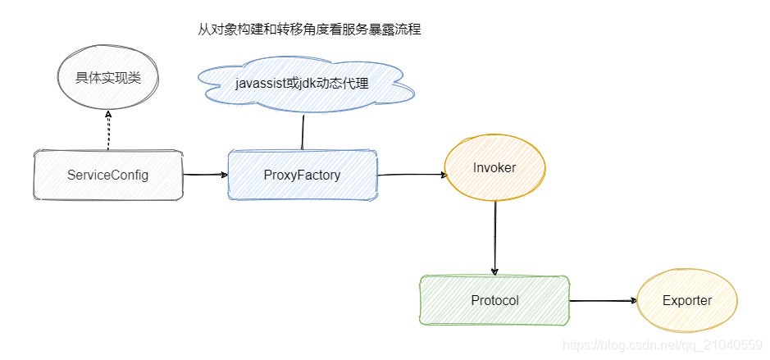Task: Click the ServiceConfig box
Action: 107,175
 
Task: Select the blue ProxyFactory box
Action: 302,175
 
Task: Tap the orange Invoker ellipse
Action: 494,168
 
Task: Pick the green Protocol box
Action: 494,300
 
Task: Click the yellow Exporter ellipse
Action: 687,300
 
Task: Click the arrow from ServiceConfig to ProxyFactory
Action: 204,175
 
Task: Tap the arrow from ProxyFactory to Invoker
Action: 410,175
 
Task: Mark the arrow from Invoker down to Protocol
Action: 495,238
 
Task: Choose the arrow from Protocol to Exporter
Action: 603,301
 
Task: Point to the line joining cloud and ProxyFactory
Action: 303,131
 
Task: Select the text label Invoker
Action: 494,167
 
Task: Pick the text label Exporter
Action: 687,300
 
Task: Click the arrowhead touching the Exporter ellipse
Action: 633,301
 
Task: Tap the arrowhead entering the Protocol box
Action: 495,272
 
